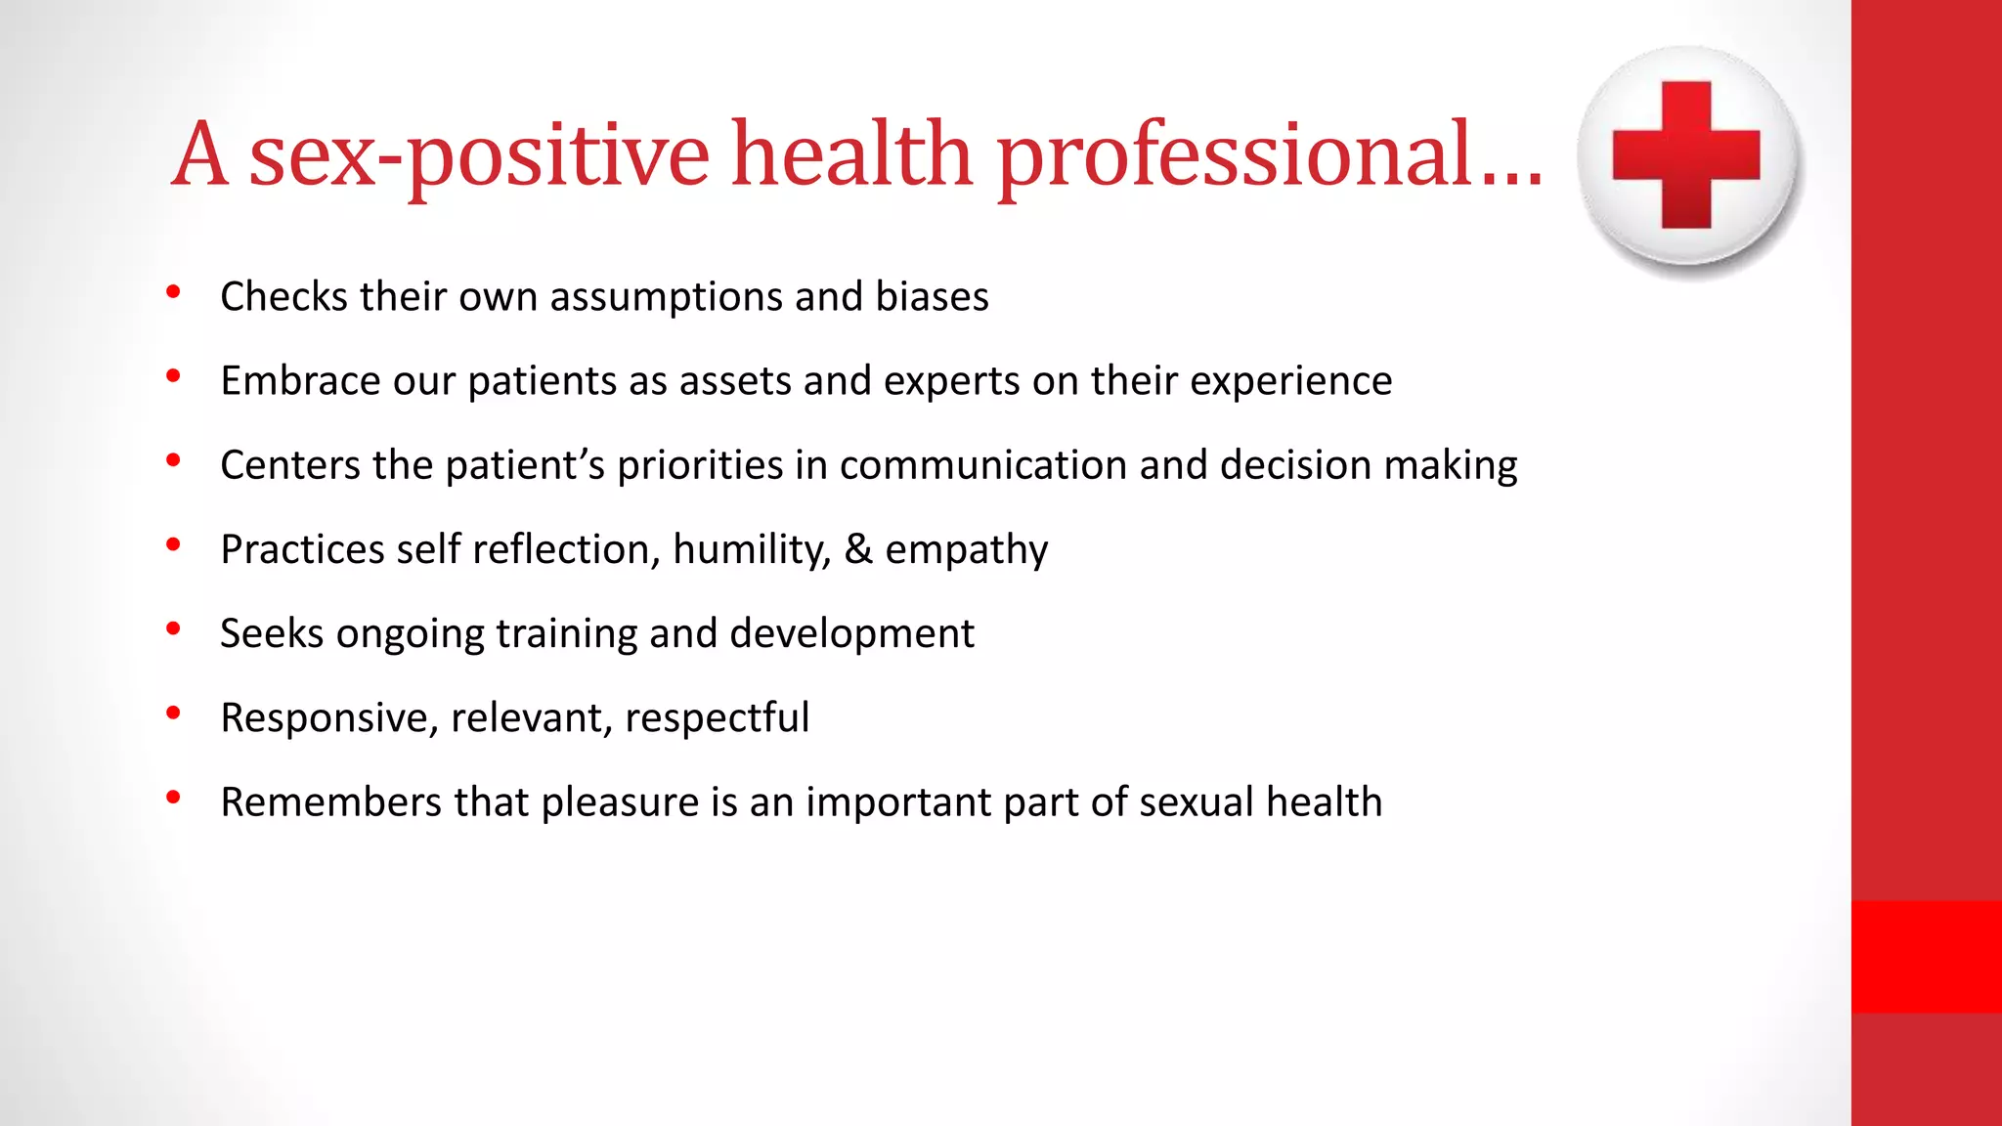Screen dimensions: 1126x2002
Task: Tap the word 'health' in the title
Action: pos(851,154)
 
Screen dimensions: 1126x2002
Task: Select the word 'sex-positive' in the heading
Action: pos(479,154)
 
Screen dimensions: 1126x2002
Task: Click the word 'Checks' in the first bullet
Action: pos(283,296)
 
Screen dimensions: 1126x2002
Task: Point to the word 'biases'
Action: pos(932,296)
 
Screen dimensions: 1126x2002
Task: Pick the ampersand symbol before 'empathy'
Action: pos(858,548)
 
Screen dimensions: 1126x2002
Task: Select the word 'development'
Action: pos(851,633)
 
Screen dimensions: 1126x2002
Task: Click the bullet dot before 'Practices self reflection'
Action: pos(173,545)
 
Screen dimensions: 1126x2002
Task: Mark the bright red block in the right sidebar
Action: pos(1926,956)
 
